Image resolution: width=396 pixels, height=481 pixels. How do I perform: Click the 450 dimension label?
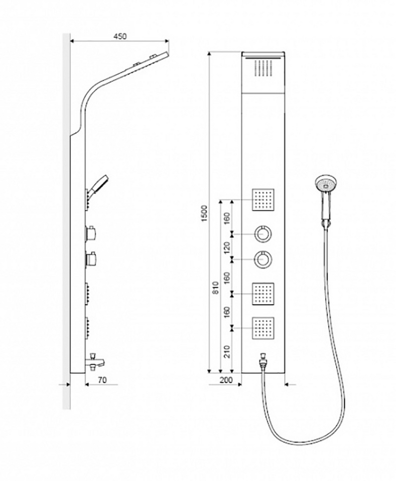[120, 36]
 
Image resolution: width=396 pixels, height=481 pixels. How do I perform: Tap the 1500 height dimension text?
[205, 212]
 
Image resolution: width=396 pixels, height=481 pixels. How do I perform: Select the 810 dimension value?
[216, 288]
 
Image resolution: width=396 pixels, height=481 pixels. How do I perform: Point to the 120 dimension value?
[227, 248]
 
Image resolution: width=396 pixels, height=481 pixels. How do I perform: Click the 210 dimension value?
[227, 352]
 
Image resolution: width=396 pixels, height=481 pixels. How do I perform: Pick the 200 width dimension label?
[226, 380]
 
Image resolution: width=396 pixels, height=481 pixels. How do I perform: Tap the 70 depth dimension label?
[102, 380]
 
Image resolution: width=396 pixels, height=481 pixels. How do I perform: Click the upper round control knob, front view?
[263, 234]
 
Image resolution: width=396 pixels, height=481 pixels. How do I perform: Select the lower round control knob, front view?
[263, 259]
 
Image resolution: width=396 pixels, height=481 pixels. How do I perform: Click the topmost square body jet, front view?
[263, 200]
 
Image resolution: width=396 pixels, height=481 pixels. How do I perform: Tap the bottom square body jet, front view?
[263, 328]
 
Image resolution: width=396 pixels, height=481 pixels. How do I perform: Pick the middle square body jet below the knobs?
[263, 294]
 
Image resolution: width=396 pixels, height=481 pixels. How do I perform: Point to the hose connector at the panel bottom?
[262, 361]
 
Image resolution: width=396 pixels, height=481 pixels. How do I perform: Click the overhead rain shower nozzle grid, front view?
[263, 68]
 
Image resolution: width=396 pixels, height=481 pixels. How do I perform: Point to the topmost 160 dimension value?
[227, 218]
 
